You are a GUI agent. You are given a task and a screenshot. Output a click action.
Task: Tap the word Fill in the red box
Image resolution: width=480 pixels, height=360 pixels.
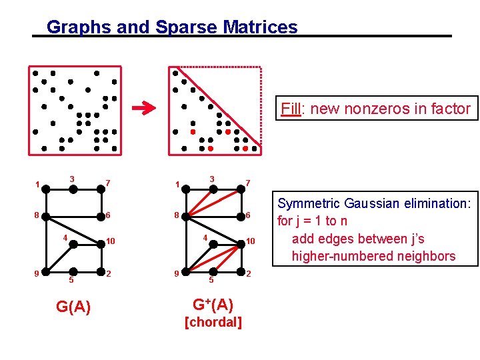coord(290,109)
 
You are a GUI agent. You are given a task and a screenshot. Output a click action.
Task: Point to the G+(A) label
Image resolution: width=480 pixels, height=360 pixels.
coord(213,305)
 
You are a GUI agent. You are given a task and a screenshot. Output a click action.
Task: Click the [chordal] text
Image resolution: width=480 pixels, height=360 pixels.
coord(213,323)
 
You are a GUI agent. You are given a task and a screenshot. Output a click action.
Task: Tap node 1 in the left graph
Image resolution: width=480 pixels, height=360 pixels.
coord(46,190)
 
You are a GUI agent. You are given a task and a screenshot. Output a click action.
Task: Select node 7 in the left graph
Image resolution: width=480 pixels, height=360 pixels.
coord(103,190)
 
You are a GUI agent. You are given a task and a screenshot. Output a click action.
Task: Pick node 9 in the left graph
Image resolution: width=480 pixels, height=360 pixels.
coord(46,272)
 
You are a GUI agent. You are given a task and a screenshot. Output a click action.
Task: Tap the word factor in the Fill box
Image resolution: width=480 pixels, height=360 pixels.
coord(451,109)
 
